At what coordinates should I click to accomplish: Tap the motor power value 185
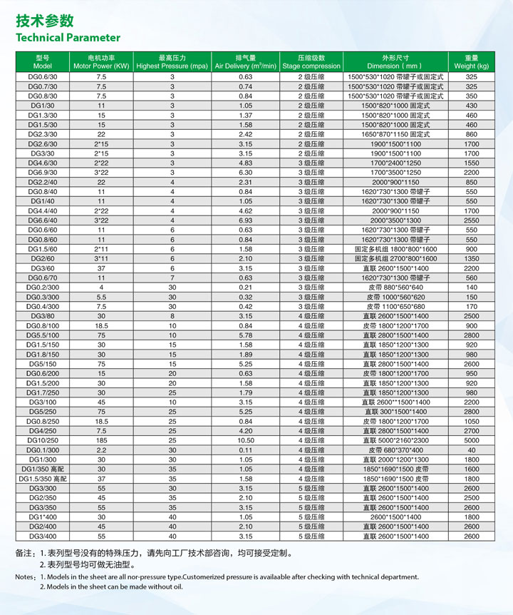101,440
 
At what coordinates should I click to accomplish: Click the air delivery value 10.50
246,440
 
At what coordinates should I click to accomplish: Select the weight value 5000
471,440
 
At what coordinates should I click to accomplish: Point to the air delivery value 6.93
246,220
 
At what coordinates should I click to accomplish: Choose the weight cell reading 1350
471,258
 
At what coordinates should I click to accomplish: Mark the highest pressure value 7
172,278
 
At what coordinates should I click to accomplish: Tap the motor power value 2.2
101,449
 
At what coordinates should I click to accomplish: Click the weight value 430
471,105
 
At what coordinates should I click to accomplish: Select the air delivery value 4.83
246,163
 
